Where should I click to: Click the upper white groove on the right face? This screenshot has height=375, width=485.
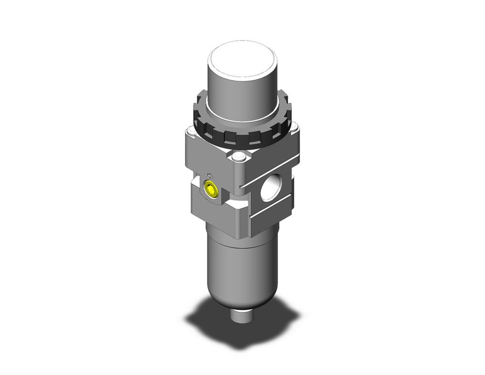point(269,174)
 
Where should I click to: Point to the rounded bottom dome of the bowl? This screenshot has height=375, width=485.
point(237,299)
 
